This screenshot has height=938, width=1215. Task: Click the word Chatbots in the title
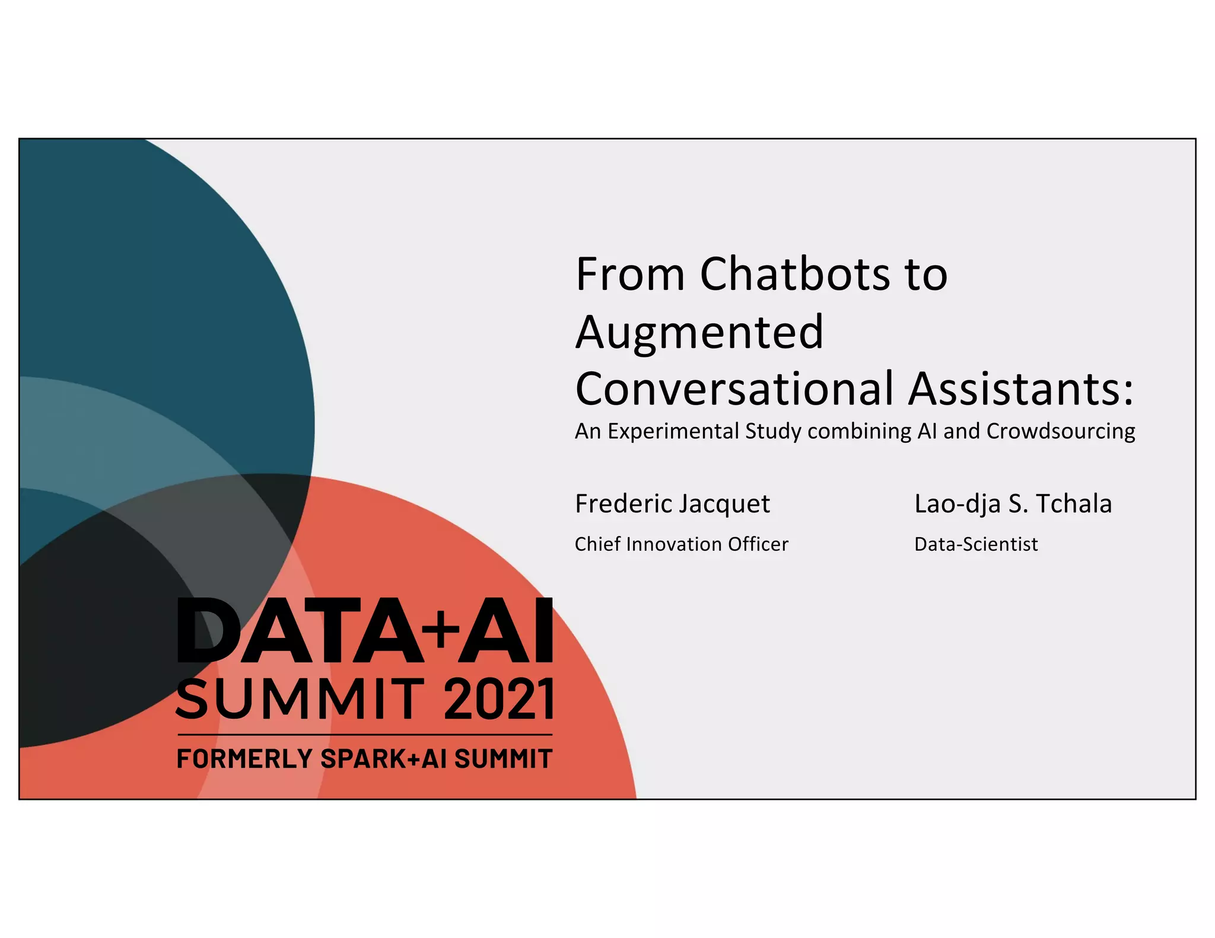(x=795, y=275)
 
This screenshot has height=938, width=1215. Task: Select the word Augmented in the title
(x=699, y=332)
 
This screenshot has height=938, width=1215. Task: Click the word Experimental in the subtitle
(x=673, y=432)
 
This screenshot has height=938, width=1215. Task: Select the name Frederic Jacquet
(x=672, y=504)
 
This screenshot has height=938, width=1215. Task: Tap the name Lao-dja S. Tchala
(x=1013, y=504)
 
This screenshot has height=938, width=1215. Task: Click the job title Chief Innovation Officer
(x=681, y=544)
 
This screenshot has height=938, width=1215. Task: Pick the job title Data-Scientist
(x=976, y=544)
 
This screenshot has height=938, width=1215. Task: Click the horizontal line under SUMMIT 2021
(x=364, y=735)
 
